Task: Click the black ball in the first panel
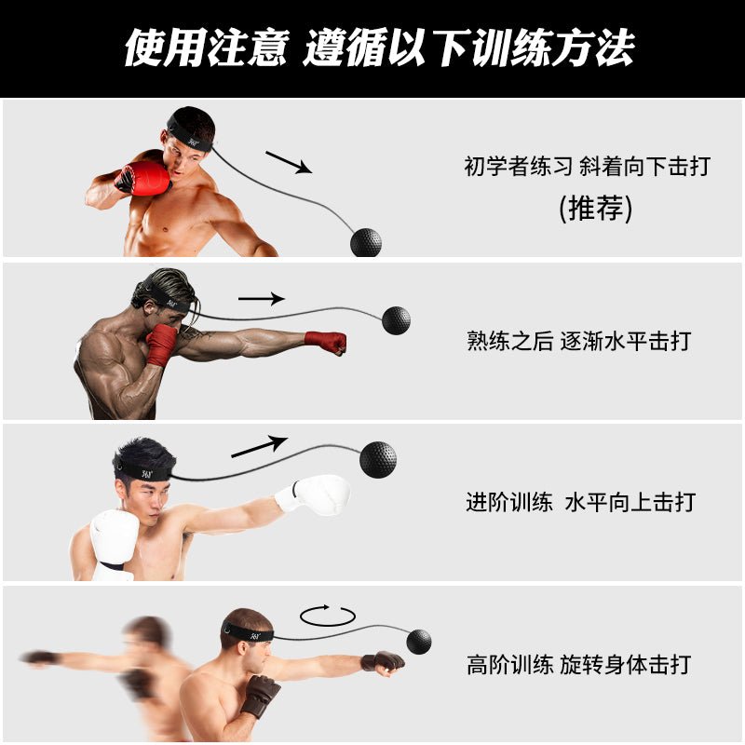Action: [x=365, y=241]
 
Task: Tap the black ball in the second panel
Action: [x=396, y=319]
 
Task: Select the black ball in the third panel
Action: [x=377, y=460]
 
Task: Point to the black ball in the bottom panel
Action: [x=419, y=640]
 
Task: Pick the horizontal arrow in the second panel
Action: [x=261, y=299]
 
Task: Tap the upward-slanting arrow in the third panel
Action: [x=260, y=446]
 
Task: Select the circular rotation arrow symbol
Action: [x=328, y=615]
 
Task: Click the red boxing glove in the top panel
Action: [x=144, y=178]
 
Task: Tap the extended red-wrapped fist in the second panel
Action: [x=327, y=342]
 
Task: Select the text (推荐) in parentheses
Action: [x=595, y=208]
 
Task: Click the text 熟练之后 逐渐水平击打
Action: [x=579, y=341]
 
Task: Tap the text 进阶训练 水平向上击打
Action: [x=580, y=503]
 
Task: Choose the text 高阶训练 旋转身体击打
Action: [x=579, y=665]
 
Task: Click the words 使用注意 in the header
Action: [x=205, y=47]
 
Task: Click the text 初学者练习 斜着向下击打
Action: [x=587, y=167]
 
